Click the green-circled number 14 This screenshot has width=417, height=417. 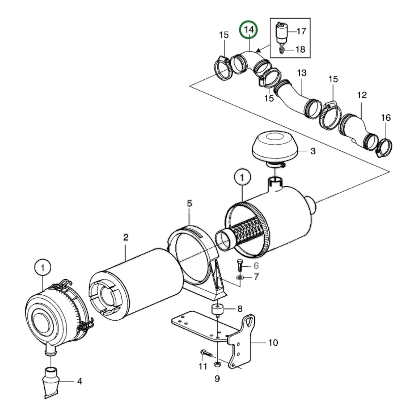[249, 29]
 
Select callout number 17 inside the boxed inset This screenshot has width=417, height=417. [301, 31]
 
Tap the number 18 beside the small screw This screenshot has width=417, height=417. [300, 49]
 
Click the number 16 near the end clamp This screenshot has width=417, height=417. [386, 118]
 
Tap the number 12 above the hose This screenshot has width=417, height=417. [362, 95]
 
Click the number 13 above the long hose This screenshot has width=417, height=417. [302, 73]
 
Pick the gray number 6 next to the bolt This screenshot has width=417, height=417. [256, 265]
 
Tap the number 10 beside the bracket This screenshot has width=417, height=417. [273, 343]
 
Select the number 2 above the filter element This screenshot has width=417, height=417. [126, 238]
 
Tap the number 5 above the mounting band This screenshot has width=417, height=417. [189, 203]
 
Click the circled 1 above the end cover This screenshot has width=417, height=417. [43, 268]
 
